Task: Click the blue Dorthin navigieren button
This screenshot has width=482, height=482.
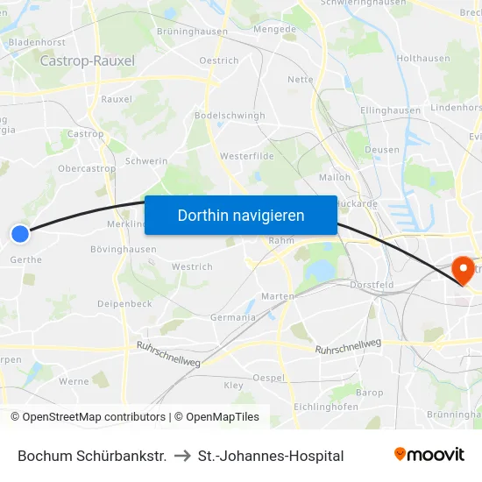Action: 240,215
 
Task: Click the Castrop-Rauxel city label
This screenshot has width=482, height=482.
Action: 88,60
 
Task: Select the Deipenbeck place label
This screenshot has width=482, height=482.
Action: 125,304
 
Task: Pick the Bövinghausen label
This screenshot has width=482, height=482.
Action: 124,250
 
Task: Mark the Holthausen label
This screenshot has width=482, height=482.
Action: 423,59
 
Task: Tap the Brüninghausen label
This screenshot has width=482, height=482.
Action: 192,32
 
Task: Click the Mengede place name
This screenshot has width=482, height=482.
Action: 274,29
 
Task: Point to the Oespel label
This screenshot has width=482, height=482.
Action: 268,378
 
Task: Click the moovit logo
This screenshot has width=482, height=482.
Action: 429,455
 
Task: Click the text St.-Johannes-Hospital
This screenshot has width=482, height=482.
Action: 271,456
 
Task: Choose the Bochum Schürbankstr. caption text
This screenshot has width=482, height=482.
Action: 92,456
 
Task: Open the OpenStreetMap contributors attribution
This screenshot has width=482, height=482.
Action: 88,417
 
